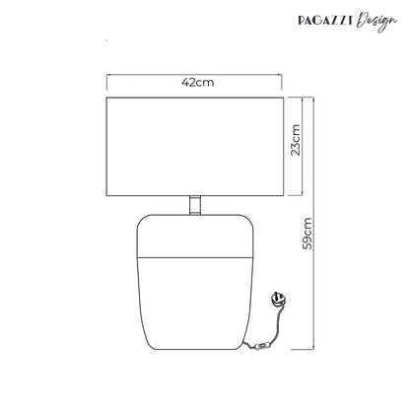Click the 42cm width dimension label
(x=198, y=82)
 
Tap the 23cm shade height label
(x=296, y=140)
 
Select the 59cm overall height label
(x=307, y=234)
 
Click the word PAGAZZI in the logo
(x=325, y=21)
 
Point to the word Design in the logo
(x=376, y=22)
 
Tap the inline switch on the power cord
(x=263, y=346)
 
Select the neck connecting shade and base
(x=195, y=205)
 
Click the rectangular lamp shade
(x=195, y=147)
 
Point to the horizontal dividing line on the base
(x=195, y=257)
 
